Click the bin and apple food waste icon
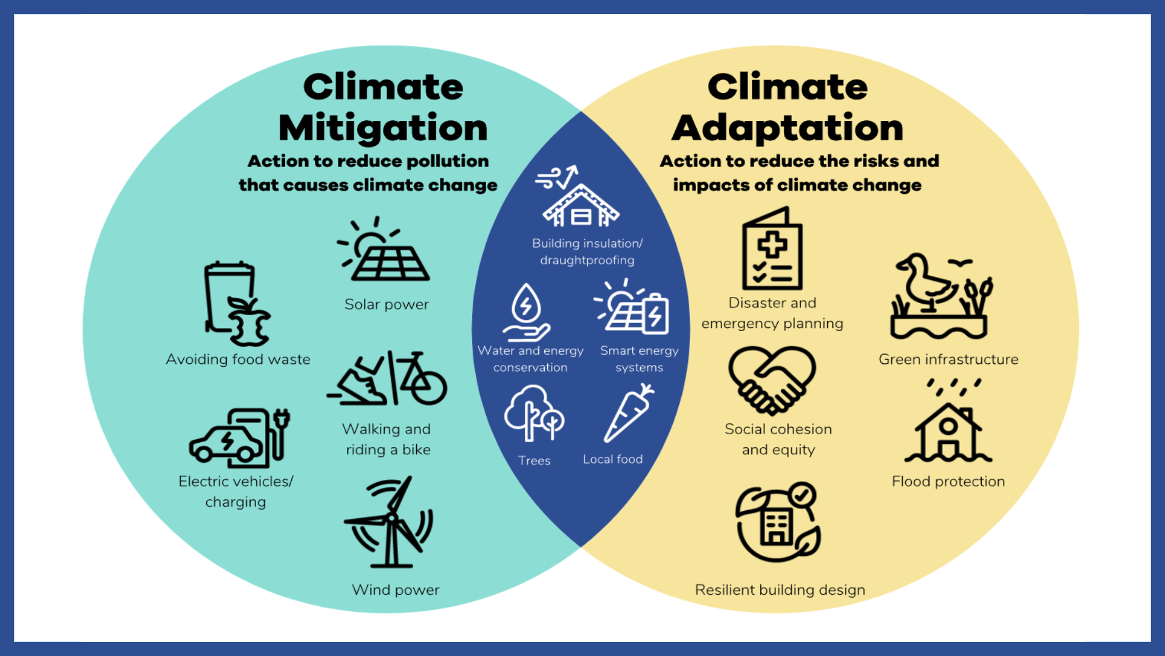[237, 304]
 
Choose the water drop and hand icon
[526, 313]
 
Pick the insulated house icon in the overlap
[580, 197]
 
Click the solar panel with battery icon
[632, 307]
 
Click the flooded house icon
[948, 422]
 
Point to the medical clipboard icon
[772, 248]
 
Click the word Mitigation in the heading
[383, 128]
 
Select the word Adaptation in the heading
[788, 128]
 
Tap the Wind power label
[396, 590]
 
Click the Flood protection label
[948, 482]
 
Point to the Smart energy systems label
[640, 359]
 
